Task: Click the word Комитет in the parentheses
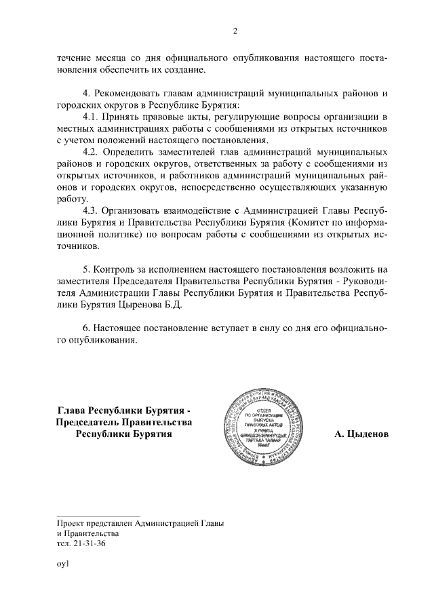pos(306,222)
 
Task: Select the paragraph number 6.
pos(85,328)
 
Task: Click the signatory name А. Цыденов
pos(361,434)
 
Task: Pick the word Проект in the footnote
pos(73,523)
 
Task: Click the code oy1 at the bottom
pos(63,564)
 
